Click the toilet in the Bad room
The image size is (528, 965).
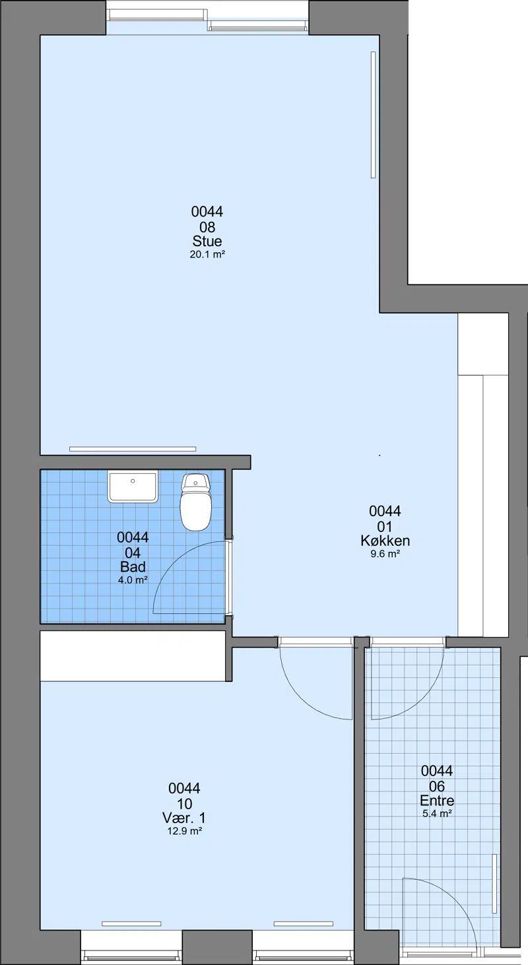point(196,502)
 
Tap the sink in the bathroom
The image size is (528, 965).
point(133,486)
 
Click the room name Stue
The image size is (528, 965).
point(207,241)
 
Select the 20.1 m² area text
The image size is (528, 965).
point(207,255)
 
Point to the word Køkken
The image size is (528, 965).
point(385,540)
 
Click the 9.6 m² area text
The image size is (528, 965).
point(385,554)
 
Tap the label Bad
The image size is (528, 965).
point(133,566)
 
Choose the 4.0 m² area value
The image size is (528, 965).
point(133,580)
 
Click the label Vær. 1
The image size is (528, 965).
point(184,818)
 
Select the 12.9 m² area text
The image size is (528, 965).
point(184,832)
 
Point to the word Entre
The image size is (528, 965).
point(437,800)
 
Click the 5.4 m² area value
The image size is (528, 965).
point(437,814)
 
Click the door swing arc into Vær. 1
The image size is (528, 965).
point(302,698)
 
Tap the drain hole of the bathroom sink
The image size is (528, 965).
point(133,481)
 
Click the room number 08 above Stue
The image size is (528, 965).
point(207,227)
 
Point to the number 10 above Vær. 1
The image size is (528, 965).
point(184,804)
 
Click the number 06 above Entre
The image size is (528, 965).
point(437,786)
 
